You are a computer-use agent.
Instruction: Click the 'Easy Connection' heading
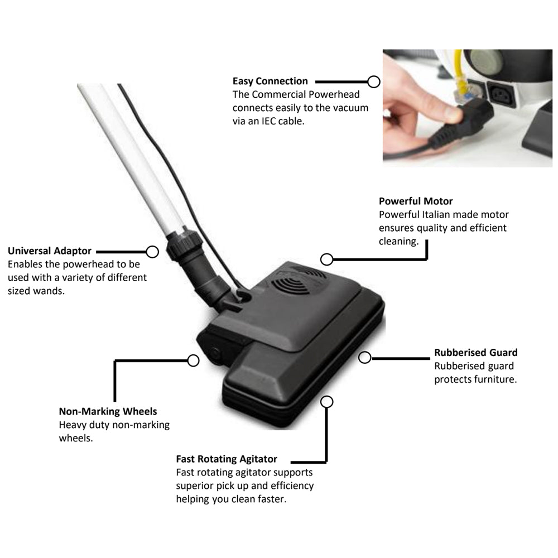[x=270, y=81]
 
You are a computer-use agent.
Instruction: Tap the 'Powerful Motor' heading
[x=416, y=201]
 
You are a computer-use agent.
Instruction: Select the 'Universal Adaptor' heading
[x=50, y=251]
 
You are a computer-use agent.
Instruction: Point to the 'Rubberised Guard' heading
[x=476, y=352]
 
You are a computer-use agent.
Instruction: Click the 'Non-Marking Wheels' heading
[x=108, y=411]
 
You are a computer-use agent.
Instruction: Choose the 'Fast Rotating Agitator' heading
[x=227, y=459]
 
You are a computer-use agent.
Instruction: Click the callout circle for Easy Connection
[x=374, y=82]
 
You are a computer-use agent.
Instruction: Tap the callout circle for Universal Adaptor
[x=152, y=252]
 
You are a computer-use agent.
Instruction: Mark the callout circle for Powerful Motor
[x=326, y=259]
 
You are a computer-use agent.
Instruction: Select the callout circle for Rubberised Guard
[x=365, y=358]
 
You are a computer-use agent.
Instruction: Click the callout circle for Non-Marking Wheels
[x=193, y=360]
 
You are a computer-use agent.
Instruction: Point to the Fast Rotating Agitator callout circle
[x=326, y=402]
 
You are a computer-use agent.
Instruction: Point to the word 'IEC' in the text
[x=269, y=121]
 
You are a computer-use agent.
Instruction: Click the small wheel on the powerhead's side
[x=215, y=353]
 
